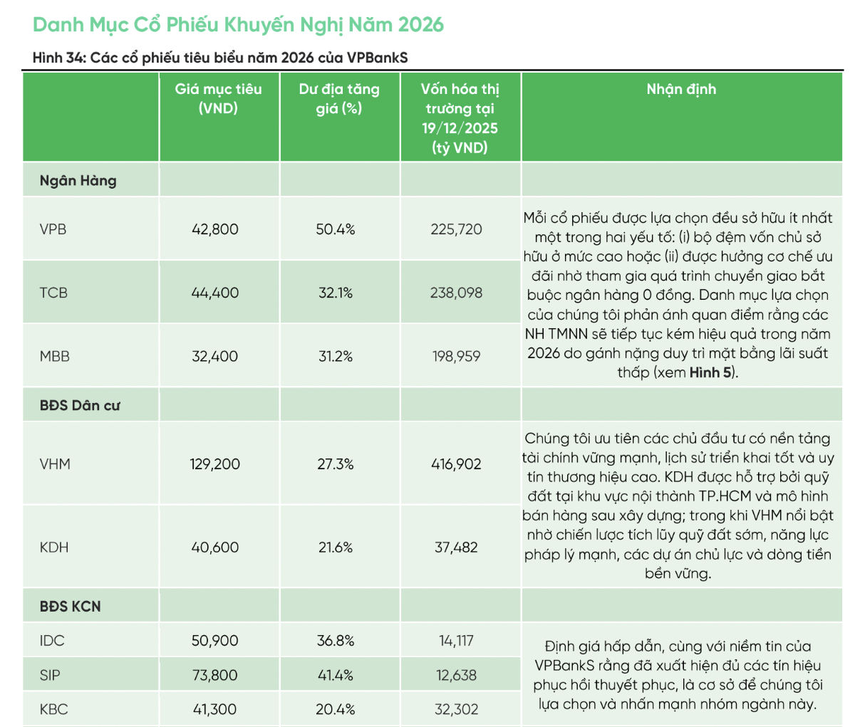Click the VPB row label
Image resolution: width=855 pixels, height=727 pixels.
click(x=53, y=229)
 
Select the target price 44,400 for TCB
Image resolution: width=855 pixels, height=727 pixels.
click(x=215, y=293)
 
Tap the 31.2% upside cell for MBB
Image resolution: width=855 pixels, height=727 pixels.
click(x=336, y=356)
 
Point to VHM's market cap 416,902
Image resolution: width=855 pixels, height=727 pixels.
click(x=456, y=464)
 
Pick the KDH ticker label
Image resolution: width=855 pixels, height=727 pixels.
click(x=54, y=548)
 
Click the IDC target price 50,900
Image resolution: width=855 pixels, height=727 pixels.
click(x=215, y=641)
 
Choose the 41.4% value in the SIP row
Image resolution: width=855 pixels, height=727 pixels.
click(x=336, y=675)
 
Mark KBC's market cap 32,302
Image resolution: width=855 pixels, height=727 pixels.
click(x=456, y=709)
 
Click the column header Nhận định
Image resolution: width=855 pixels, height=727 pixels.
click(x=681, y=89)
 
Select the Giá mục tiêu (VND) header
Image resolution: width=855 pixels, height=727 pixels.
click(x=218, y=98)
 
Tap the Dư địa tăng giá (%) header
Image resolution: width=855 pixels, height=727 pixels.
click(x=339, y=98)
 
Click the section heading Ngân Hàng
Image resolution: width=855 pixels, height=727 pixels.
click(x=78, y=181)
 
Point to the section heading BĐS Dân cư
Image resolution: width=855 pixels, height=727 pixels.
click(x=80, y=406)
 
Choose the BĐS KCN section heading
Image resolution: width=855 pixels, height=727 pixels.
click(x=71, y=607)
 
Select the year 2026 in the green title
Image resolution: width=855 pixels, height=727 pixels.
click(x=420, y=25)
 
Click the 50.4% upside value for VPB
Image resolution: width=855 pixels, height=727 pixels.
click(x=336, y=229)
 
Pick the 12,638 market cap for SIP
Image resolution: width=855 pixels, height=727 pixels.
click(x=456, y=675)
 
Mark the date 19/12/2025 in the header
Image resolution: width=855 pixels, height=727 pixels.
click(x=460, y=128)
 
